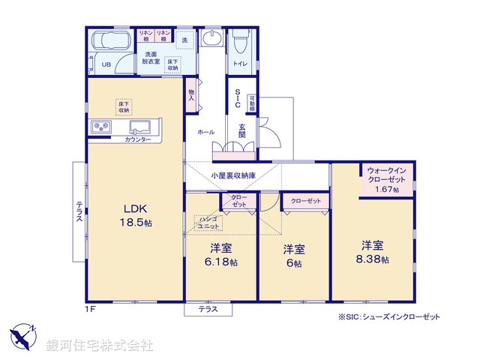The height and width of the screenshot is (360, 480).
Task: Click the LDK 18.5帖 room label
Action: pos(134,214)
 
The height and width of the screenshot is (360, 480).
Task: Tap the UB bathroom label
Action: pos(106,65)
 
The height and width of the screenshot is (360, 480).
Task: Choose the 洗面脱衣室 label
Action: pos(152,58)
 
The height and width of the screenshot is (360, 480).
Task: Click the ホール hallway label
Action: pos(205,132)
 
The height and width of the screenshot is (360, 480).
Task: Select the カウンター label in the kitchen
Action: pos(138,140)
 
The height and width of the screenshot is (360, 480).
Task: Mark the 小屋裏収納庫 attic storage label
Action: pos(232,177)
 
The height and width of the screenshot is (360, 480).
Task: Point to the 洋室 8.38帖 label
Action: pos(373,252)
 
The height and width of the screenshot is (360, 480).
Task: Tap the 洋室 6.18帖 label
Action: pos(222,255)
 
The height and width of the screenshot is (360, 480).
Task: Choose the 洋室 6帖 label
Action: pos(293,256)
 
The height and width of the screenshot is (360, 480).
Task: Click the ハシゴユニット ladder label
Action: pos(208,222)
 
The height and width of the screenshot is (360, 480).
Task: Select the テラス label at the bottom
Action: pos(208,309)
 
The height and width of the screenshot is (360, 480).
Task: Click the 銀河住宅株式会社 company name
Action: pos(100,346)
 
